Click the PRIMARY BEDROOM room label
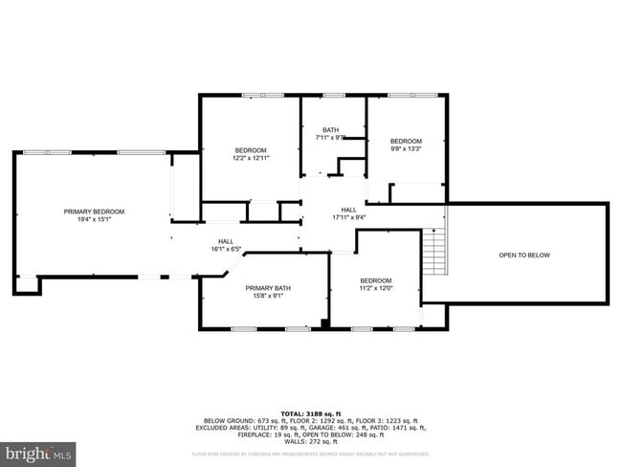94,211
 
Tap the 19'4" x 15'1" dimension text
94,219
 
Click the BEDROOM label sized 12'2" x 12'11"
251,150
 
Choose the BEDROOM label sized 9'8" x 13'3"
406,141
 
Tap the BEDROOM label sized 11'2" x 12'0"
375,280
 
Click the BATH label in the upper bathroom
330,130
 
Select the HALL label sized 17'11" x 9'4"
349,210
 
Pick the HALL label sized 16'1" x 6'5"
226,241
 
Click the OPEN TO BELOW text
524,255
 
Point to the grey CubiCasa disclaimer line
311,454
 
